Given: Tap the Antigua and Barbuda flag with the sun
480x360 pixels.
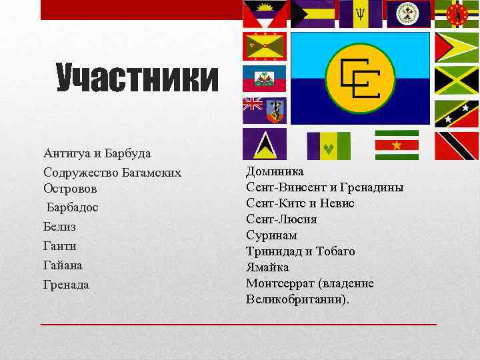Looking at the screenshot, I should (265, 13).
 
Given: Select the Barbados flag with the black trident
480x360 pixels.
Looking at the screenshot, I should (361, 13).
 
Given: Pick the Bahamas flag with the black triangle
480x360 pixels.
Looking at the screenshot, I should (312, 13).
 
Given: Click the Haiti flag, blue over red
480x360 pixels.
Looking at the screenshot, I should (265, 78).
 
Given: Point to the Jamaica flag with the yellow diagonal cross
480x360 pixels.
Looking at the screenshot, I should (457, 81).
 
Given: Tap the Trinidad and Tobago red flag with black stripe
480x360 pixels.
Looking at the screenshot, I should (457, 145).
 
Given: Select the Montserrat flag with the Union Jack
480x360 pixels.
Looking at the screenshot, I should (265, 111).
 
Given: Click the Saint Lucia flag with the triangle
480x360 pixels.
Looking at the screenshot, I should (265, 144).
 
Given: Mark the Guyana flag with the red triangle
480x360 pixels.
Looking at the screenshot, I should (457, 47).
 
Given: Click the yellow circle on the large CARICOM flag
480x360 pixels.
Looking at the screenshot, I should (361, 79).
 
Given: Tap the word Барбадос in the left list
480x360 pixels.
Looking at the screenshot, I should (73, 207).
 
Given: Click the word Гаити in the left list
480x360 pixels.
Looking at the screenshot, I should (60, 246).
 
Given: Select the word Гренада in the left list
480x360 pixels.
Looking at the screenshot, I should (66, 285).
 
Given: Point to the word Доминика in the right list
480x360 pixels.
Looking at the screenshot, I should (275, 171).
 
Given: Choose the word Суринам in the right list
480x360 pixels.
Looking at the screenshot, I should (271, 235).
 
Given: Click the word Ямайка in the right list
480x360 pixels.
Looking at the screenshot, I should (267, 267).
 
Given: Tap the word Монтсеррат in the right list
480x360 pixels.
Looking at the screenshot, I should (278, 283).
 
